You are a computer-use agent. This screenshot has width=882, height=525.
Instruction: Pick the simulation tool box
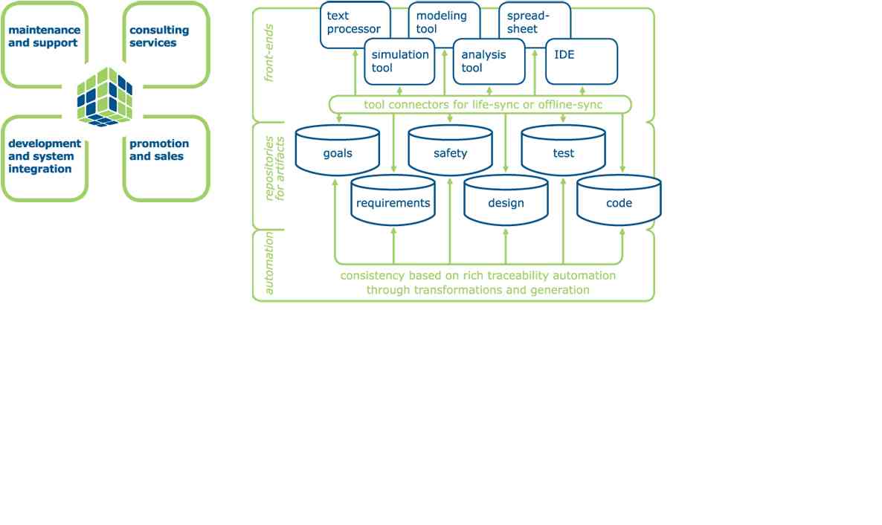pyautogui.click(x=400, y=62)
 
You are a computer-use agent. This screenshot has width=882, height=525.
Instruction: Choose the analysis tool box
pyautogui.click(x=488, y=62)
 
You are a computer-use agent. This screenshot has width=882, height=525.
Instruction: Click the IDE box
pyautogui.click(x=582, y=62)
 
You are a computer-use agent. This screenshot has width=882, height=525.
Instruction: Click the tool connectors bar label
pyautogui.click(x=483, y=105)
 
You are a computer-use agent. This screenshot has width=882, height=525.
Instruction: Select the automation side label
pyautogui.click(x=269, y=263)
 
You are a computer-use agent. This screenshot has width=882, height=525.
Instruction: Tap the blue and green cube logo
pyautogui.click(x=106, y=97)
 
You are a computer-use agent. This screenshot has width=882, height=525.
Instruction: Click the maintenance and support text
pyautogui.click(x=44, y=36)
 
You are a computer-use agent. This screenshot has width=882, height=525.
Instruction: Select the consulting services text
pyautogui.click(x=159, y=36)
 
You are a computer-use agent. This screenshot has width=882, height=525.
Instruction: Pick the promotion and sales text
pyautogui.click(x=159, y=149)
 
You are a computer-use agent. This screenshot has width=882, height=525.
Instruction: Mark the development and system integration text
pyautogui.click(x=45, y=156)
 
